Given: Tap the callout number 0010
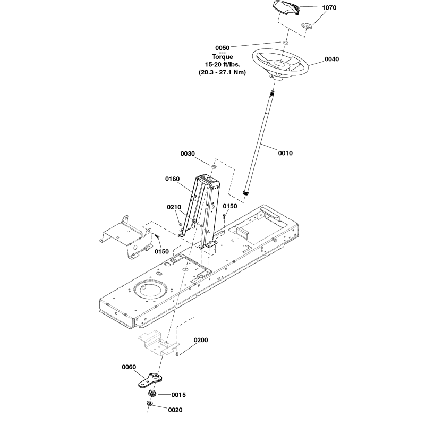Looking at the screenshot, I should coord(285,153).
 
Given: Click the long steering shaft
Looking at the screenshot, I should coord(260,143).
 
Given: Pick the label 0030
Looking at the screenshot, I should coord(188,153).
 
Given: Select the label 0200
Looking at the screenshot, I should coord(201,339).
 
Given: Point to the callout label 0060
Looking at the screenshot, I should coord(130,366).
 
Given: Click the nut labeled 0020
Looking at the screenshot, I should coord(150,406).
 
